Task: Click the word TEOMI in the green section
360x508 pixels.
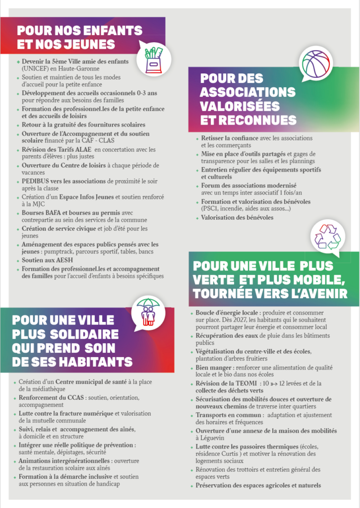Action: pos(247,383)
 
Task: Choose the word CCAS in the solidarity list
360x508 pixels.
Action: pos(77,398)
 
